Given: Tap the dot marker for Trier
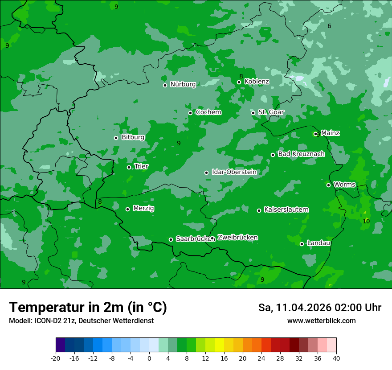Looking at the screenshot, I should click(129, 167).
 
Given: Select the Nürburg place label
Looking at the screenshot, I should click(183, 84).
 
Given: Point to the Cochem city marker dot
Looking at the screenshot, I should click(191, 113).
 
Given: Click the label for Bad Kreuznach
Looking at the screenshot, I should click(301, 154).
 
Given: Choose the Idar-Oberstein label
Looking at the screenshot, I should click(234, 172).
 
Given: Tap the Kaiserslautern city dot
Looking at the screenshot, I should click(259, 210).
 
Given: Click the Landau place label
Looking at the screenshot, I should click(318, 243).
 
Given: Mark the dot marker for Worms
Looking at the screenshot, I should click(329, 185).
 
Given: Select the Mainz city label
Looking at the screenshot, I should click(330, 133).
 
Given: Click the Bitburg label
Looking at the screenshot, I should click(133, 137).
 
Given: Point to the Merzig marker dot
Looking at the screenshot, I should click(128, 209).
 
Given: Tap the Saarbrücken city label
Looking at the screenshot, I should click(193, 239).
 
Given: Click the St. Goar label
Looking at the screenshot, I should click(271, 112).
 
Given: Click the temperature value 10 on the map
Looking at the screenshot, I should click(366, 221).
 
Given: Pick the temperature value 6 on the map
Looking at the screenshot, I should click(329, 26).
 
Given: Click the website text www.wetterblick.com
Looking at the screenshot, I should click(321, 321).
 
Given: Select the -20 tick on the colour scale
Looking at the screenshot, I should click(56, 358).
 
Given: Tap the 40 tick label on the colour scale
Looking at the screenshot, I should click(336, 358).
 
